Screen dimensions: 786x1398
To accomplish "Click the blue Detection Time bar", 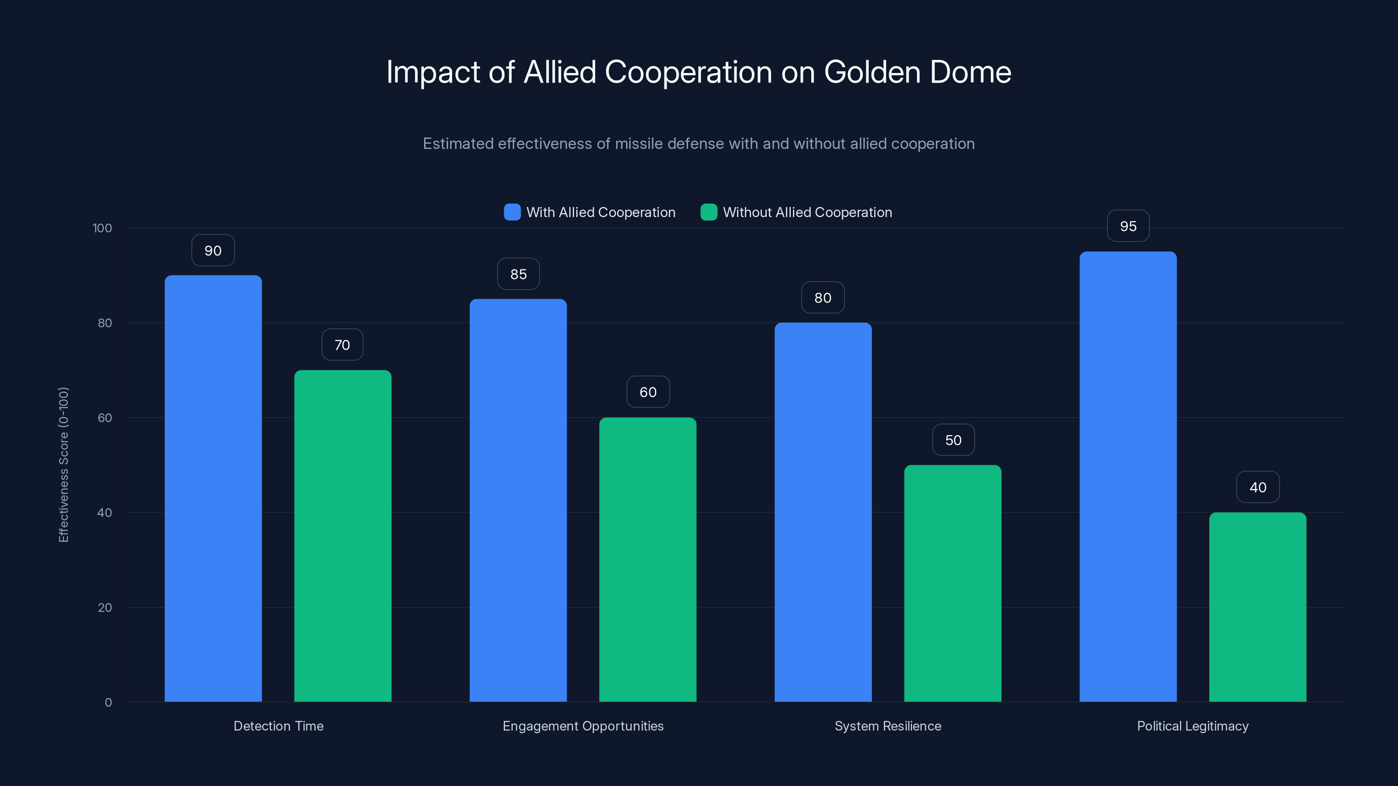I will (x=213, y=488).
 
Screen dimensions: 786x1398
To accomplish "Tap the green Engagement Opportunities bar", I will (x=647, y=559).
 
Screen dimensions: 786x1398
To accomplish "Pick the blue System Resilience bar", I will (x=823, y=512).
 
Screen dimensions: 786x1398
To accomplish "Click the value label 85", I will (x=518, y=274).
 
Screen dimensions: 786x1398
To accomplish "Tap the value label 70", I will (x=342, y=345).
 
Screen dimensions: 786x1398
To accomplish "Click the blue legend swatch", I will (x=512, y=212).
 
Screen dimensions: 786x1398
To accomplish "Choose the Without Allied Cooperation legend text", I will (x=807, y=212).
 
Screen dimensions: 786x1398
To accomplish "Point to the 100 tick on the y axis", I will (x=102, y=228).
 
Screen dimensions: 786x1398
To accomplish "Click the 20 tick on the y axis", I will (x=105, y=607).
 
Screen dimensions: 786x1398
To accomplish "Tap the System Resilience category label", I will (x=887, y=726).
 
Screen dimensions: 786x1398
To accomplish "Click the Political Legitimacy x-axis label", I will (x=1192, y=726).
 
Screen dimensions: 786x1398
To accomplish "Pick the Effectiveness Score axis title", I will (x=63, y=464).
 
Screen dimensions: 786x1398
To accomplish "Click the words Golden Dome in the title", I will (x=917, y=72).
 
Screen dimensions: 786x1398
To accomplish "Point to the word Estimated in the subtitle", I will (x=458, y=144).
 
